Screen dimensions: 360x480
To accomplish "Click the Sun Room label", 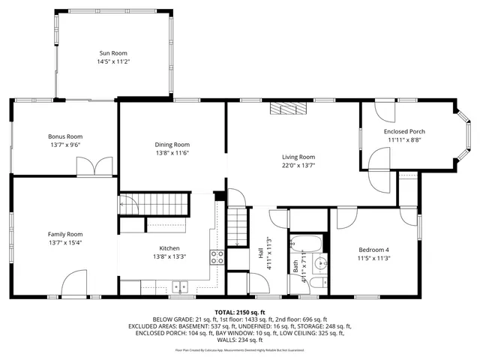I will (115, 53).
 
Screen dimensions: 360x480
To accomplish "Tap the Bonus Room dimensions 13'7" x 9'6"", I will (64, 145).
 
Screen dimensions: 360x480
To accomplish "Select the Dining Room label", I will (172, 144).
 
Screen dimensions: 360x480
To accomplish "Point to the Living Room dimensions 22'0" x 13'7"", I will (298, 165).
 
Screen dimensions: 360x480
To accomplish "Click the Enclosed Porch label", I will (404, 131).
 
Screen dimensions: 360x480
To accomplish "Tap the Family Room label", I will (64, 234).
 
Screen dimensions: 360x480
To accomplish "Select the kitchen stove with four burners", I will (217, 258).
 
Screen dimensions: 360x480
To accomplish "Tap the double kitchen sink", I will (180, 286).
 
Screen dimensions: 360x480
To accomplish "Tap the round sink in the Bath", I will (320, 264).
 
